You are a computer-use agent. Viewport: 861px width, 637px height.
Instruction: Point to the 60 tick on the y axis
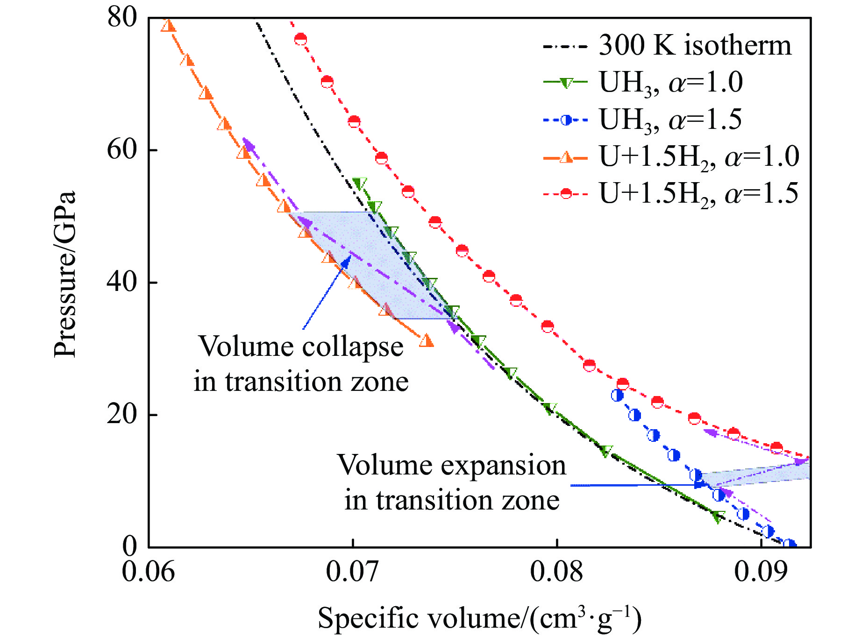pos(122,150)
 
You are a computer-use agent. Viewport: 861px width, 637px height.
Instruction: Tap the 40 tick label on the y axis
pos(122,282)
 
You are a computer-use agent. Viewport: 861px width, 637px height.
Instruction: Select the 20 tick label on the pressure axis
pos(122,414)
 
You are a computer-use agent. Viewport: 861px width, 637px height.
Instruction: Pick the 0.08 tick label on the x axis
pos(556,571)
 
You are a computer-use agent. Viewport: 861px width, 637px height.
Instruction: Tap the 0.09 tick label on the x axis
pos(761,571)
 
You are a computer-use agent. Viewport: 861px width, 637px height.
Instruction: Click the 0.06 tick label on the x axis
pos(149,571)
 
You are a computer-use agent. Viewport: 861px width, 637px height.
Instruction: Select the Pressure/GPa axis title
pos(64,275)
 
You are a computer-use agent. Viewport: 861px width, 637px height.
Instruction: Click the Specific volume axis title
pos(479,618)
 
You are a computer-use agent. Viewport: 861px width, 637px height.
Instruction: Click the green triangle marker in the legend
pos(566,83)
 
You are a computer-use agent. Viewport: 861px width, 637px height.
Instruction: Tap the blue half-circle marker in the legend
pos(566,120)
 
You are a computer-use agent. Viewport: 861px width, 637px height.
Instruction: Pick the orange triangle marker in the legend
pos(566,157)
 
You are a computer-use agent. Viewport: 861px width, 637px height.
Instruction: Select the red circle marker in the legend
pos(566,193)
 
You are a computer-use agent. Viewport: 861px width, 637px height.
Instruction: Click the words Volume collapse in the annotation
pos(301,347)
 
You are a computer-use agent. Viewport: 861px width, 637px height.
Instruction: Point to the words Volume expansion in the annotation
pos(451,465)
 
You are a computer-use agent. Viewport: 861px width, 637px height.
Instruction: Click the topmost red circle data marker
pos(300,39)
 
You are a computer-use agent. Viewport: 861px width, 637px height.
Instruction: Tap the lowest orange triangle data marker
pos(426,341)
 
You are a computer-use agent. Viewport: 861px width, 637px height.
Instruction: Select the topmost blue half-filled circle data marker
pos(617,395)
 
